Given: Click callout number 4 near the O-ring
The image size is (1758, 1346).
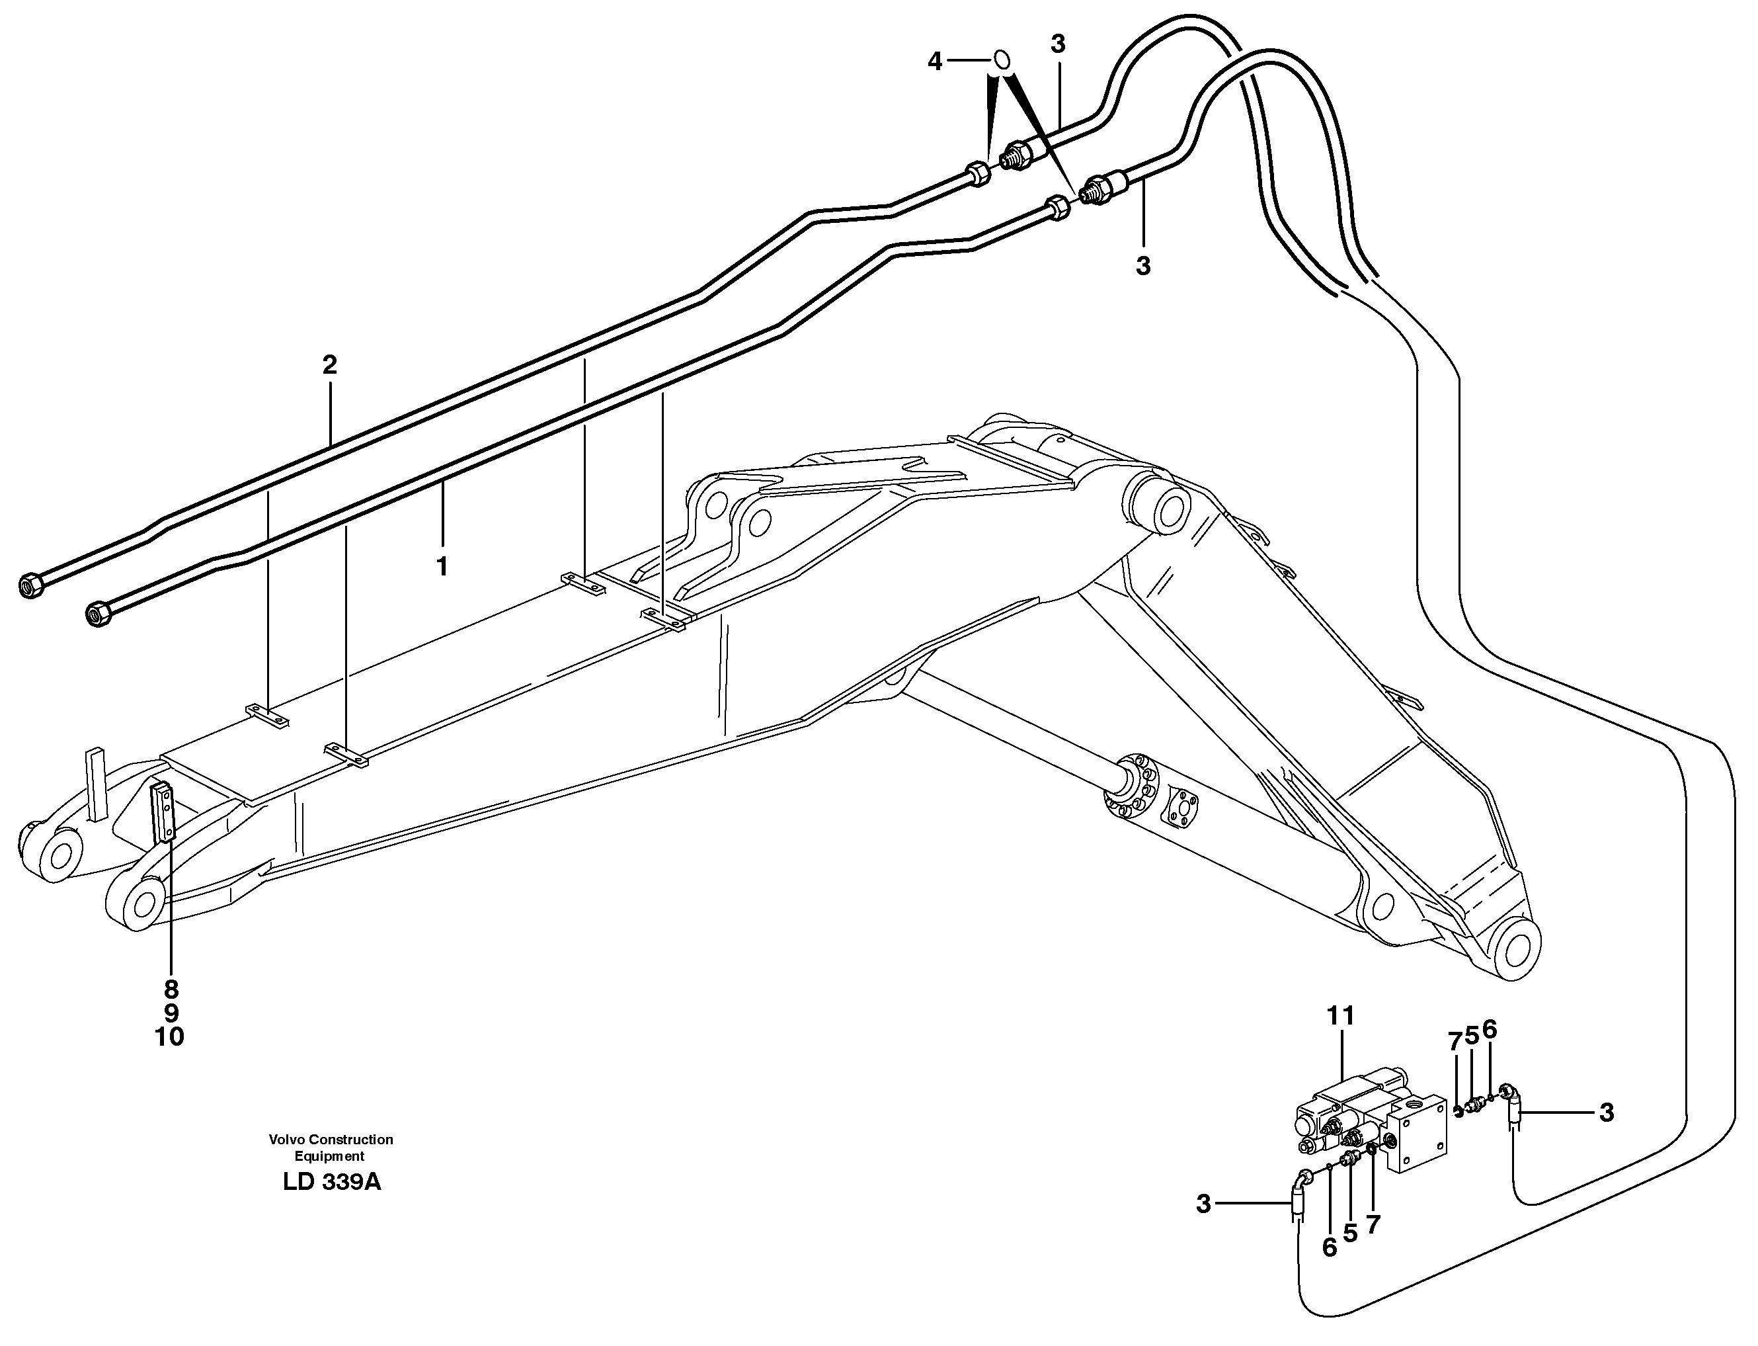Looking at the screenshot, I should coord(935,62).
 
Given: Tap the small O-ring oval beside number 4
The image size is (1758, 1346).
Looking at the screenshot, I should coord(1002,61).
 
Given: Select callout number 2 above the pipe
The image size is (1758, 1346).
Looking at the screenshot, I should coord(329,365).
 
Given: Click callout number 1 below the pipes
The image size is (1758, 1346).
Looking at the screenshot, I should coord(441,566).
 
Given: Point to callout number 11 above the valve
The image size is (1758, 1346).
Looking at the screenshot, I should coord(1341,1016).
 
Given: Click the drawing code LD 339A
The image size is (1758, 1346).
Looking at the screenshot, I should coord(332,1182).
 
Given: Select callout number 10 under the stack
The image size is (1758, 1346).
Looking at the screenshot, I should coord(170,1036).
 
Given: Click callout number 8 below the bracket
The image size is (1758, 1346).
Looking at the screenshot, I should coord(171,989).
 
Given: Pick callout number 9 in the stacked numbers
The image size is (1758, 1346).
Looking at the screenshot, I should coord(171,1013).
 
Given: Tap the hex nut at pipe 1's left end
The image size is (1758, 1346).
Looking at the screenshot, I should coord(98,614).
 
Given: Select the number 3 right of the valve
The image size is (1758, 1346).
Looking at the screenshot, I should coord(1606,1112).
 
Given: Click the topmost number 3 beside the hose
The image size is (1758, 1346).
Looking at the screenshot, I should coord(1058,45).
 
